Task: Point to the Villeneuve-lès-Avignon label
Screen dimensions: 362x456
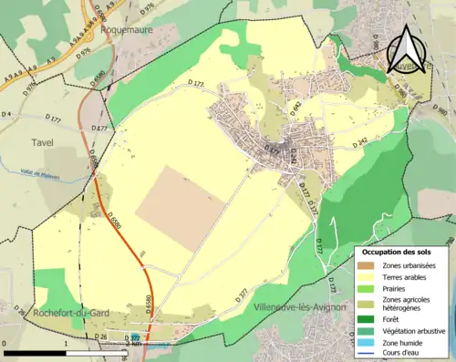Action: pos(302,306)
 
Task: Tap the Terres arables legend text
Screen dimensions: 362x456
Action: pos(408,276)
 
